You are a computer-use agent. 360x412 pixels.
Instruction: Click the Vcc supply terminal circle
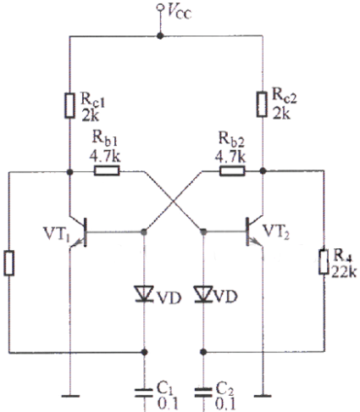[160, 7]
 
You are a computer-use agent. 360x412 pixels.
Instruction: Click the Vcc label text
[179, 12]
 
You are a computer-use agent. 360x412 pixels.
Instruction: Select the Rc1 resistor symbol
[69, 105]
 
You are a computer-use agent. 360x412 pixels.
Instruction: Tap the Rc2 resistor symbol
[262, 104]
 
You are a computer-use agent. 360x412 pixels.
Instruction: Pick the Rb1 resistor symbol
[107, 171]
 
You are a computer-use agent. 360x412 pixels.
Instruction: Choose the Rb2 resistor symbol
[232, 171]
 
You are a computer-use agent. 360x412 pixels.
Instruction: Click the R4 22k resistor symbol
[324, 262]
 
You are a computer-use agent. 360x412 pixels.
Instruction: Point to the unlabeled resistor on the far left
[8, 263]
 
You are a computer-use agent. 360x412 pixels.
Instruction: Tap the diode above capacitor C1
[144, 294]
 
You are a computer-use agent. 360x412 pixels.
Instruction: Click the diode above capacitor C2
[203, 294]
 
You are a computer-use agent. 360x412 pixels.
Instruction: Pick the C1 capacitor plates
[144, 393]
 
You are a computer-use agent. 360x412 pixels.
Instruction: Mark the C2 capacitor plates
[203, 393]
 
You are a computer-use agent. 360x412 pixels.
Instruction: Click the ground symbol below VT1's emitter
[70, 396]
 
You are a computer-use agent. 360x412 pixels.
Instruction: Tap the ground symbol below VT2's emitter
[263, 396]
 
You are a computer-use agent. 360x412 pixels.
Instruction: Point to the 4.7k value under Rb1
[105, 156]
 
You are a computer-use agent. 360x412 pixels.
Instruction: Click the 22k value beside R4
[344, 271]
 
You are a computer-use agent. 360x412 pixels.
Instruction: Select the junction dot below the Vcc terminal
[160, 36]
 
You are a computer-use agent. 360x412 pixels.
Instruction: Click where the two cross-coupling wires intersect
[174, 202]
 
